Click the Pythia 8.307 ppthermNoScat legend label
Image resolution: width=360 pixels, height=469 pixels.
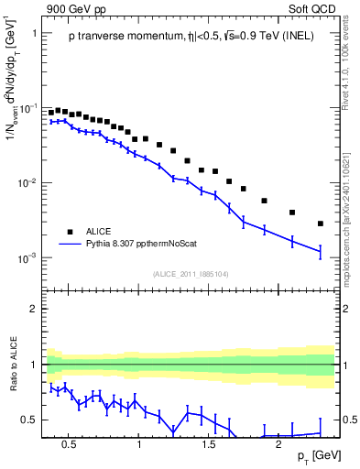click(148, 245)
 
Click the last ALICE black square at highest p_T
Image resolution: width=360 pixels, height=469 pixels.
click(321, 224)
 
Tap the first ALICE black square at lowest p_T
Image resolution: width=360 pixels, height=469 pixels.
click(51, 113)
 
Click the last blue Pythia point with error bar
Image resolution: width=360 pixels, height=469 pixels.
click(321, 251)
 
